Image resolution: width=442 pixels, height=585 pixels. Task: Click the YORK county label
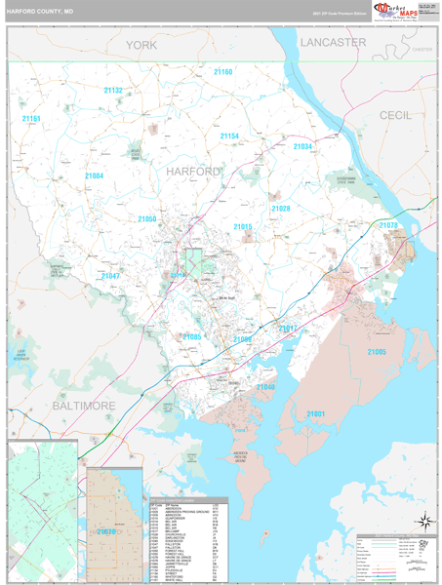tap(141, 45)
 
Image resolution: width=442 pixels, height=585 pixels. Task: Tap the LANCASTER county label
tap(333, 42)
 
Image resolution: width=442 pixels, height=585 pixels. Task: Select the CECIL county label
tap(396, 115)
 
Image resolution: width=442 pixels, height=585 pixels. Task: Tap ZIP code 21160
tap(223, 72)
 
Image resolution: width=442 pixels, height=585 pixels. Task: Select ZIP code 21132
tap(113, 91)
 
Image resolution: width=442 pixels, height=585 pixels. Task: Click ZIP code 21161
tap(31, 119)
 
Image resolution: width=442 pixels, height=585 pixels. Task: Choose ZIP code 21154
tap(229, 136)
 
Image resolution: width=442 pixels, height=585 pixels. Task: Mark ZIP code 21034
tap(302, 146)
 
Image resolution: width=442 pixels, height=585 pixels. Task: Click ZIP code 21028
tap(281, 209)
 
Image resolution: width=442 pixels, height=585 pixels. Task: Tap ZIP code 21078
tap(388, 225)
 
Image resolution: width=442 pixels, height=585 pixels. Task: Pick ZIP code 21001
tap(316, 414)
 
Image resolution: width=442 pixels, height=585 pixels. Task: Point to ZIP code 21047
tap(110, 276)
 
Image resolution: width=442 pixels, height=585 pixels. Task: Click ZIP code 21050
tap(146, 219)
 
